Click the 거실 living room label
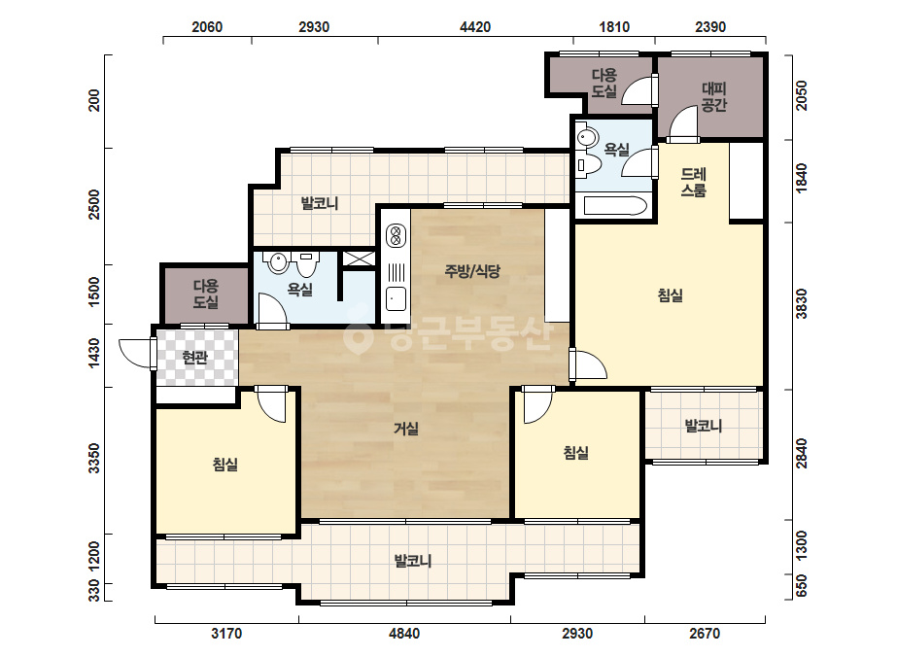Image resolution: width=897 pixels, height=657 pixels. point(406,428)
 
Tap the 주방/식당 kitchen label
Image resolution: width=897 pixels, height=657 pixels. point(472,271)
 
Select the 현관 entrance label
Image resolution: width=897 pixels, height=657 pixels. point(194,358)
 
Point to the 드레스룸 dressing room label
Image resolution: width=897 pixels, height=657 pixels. point(693,182)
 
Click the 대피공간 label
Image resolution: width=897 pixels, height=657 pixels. point(714,97)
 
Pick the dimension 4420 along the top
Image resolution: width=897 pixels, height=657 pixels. point(475,27)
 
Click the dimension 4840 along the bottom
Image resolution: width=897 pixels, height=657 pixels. point(404,634)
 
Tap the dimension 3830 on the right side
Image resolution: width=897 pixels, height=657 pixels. point(802,304)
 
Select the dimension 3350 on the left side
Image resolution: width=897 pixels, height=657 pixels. point(94,458)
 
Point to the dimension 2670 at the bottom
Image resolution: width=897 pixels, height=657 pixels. point(705,634)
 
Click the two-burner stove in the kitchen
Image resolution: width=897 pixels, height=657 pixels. point(396,235)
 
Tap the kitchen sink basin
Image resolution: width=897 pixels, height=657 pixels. point(396,298)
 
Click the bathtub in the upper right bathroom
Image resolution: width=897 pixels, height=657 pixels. point(615,206)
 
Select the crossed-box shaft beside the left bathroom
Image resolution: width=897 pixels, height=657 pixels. point(359,259)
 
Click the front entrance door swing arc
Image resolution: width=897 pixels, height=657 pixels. point(135,353)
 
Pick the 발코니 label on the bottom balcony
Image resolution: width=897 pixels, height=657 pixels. point(412,561)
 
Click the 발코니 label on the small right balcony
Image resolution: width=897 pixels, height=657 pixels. point(703,426)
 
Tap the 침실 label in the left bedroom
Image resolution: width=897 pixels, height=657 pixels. point(224,464)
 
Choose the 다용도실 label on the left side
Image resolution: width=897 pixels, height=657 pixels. point(205,294)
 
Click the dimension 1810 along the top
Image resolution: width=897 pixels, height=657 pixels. point(614,27)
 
